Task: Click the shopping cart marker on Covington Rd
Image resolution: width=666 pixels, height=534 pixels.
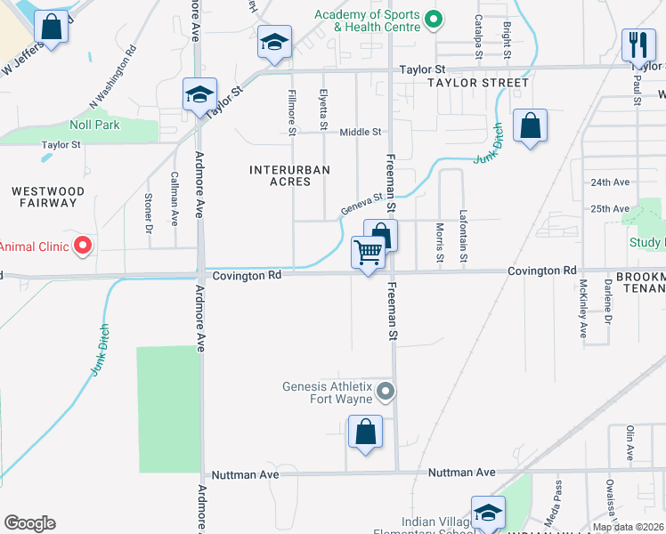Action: coord(367,254)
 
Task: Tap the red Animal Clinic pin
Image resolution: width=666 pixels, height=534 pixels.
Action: coord(83,245)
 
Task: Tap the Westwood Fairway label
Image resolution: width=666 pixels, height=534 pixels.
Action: coord(48,197)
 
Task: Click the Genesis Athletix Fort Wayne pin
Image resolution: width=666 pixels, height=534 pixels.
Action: coord(386,391)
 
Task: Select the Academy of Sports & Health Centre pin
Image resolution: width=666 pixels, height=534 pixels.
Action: coord(434,19)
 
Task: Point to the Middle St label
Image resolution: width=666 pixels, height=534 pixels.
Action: coord(360,132)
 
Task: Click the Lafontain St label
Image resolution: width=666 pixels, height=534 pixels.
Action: coord(463,236)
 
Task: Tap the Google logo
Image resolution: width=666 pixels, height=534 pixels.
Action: coord(29,523)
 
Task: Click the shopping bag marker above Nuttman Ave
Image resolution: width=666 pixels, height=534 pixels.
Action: coord(365,433)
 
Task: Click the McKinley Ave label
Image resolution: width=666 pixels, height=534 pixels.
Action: coord(583,309)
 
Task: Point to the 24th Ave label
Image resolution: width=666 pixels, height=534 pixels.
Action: coord(610,182)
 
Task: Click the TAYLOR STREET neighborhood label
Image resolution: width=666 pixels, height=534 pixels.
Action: coord(477,83)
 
